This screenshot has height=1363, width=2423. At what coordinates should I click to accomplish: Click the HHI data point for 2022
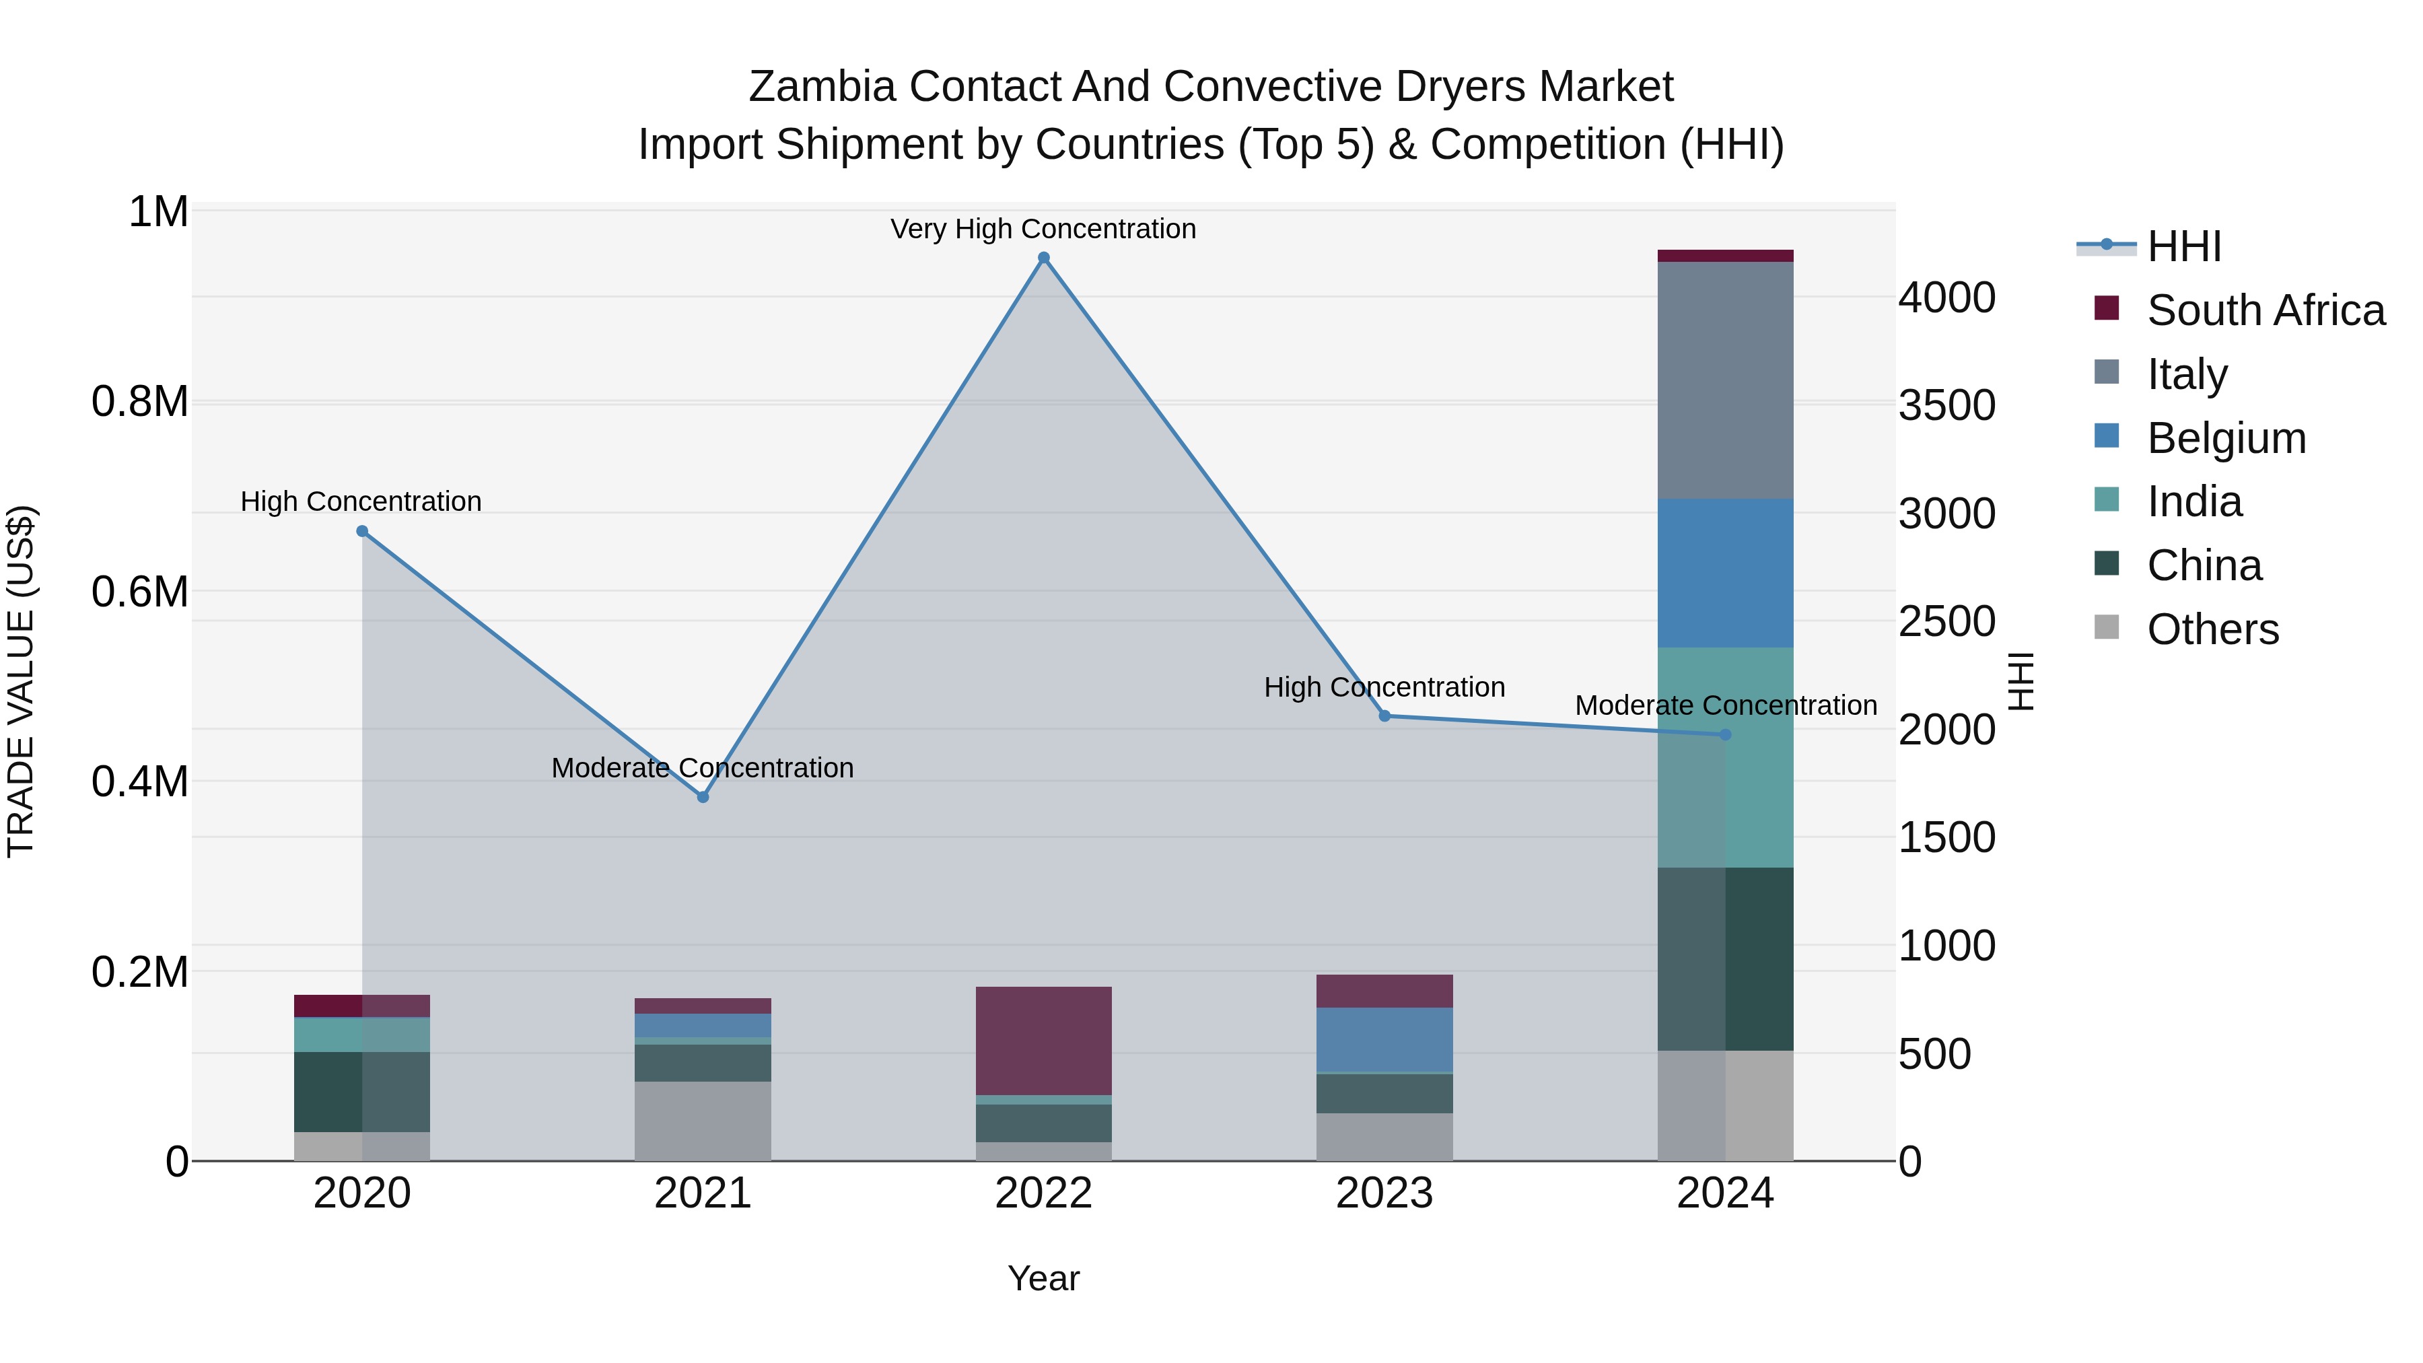1043,258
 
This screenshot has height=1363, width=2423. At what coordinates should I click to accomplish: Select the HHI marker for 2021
703,797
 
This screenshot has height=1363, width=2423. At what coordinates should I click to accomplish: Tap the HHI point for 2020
362,532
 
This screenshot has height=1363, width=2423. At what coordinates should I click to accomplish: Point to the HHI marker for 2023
1384,716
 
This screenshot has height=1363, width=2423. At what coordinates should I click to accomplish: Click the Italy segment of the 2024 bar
1725,380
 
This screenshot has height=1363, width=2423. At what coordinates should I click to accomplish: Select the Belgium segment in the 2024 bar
1725,573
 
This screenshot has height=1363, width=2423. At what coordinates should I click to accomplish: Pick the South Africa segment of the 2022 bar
1043,1041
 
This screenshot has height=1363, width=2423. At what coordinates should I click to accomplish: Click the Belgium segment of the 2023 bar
1384,1039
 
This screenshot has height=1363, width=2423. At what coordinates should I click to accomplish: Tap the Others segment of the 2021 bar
703,1120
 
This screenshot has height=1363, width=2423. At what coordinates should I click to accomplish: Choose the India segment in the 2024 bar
1725,757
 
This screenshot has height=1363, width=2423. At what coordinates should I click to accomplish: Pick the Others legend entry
2212,629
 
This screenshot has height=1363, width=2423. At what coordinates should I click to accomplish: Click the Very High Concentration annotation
1043,229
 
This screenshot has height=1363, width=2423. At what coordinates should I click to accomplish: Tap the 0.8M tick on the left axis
140,402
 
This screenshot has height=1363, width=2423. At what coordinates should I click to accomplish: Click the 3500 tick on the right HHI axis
1946,405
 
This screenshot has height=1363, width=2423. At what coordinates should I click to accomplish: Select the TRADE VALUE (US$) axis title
21,681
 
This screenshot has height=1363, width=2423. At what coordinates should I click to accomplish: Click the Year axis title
1043,1278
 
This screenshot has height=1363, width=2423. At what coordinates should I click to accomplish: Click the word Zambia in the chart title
821,87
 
